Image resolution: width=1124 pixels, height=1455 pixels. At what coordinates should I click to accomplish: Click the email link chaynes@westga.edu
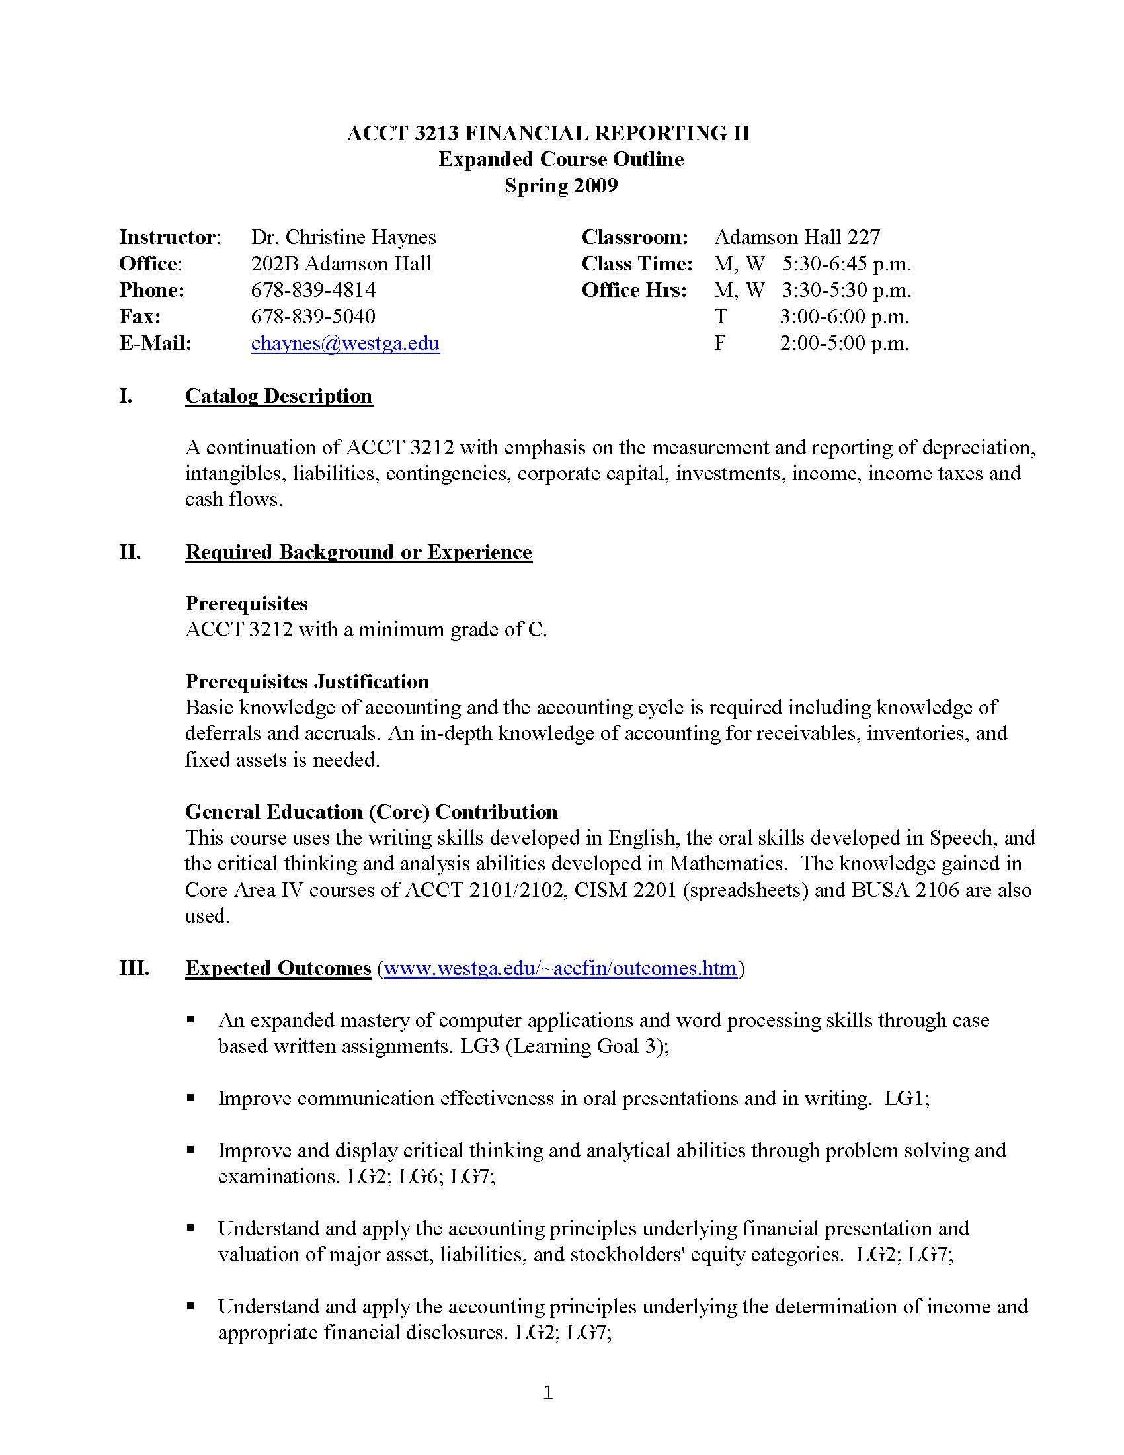pos(345,343)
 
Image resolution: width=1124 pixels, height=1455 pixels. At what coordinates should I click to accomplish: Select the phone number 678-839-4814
pos(313,290)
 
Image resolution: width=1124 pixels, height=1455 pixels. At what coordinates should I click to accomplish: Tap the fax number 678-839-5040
pos(313,316)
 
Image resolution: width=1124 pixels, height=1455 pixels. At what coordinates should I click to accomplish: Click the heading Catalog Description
pos(278,396)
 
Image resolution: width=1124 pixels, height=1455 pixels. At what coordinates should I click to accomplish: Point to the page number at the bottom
pos(548,1392)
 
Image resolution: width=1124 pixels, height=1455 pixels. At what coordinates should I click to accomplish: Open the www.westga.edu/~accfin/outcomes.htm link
pos(561,968)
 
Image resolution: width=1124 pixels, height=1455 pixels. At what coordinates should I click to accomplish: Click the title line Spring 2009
pos(561,185)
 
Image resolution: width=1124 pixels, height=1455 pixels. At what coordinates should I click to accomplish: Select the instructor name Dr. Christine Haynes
pos(344,237)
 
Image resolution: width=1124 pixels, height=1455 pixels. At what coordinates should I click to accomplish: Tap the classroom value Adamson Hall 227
pos(797,237)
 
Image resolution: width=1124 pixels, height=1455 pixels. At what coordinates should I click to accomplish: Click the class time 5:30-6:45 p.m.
pos(846,264)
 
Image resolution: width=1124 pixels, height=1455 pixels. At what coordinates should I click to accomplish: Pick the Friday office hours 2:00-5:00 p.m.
pos(844,343)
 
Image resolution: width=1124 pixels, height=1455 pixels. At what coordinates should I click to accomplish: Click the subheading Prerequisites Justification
pos(307,681)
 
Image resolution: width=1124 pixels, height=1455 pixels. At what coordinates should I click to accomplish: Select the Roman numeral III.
pos(134,968)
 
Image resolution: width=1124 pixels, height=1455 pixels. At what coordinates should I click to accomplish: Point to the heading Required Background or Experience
pos(358,552)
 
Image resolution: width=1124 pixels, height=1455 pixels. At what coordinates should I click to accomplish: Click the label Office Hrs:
pos(634,290)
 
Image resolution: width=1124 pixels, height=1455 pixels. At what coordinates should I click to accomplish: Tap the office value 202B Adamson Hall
pos(341,264)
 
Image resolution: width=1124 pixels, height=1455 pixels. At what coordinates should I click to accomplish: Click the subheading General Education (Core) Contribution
pos(371,811)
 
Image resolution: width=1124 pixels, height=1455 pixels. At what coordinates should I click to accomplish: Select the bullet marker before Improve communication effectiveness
pos(191,1097)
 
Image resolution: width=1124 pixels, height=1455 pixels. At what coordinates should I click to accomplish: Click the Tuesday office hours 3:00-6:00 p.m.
pos(844,316)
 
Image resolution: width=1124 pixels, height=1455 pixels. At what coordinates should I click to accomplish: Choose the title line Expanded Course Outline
pos(561,159)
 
